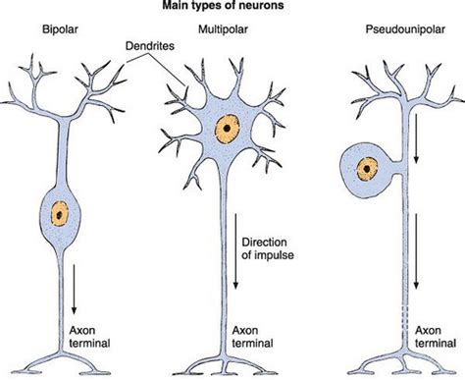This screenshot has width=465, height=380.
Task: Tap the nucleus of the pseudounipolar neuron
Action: coord(368,169)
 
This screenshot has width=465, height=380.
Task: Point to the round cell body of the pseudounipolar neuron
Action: coord(359,183)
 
